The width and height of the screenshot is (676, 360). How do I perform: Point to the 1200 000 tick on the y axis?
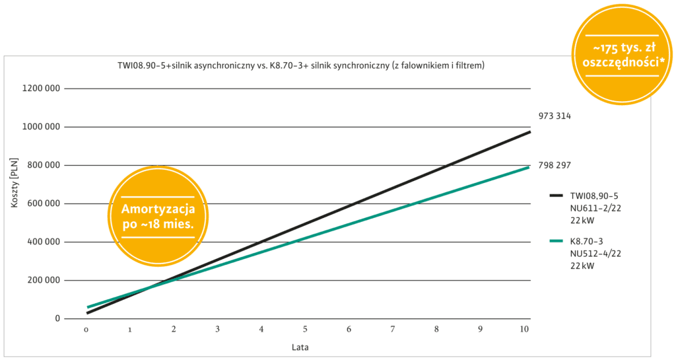click(43, 89)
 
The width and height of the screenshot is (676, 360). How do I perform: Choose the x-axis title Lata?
click(301, 346)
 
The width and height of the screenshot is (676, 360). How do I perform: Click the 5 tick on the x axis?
click(306, 329)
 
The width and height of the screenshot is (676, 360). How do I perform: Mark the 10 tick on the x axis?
click(524, 329)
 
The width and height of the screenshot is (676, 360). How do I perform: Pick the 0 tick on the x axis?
click(86, 329)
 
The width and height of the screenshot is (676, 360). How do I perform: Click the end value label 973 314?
click(555, 116)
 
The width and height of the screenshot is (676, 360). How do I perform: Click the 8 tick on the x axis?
click(436, 329)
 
